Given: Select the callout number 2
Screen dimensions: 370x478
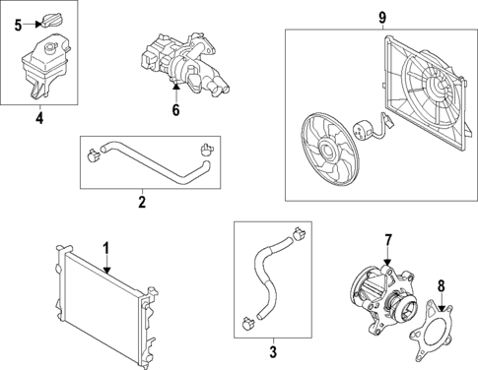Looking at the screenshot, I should coord(141,203).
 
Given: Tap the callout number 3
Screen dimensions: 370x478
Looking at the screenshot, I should coord(272,349).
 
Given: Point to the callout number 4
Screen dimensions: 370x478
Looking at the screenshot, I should coord(38,120).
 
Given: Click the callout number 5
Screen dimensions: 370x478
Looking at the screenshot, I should coord(18,25).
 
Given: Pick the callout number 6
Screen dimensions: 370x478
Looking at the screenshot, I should coord(175,110).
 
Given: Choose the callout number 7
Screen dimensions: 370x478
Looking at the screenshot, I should coord(387,240).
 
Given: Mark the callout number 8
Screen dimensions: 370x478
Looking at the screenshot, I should coord(441,285).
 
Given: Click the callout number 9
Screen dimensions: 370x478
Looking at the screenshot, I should coord(382,16).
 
